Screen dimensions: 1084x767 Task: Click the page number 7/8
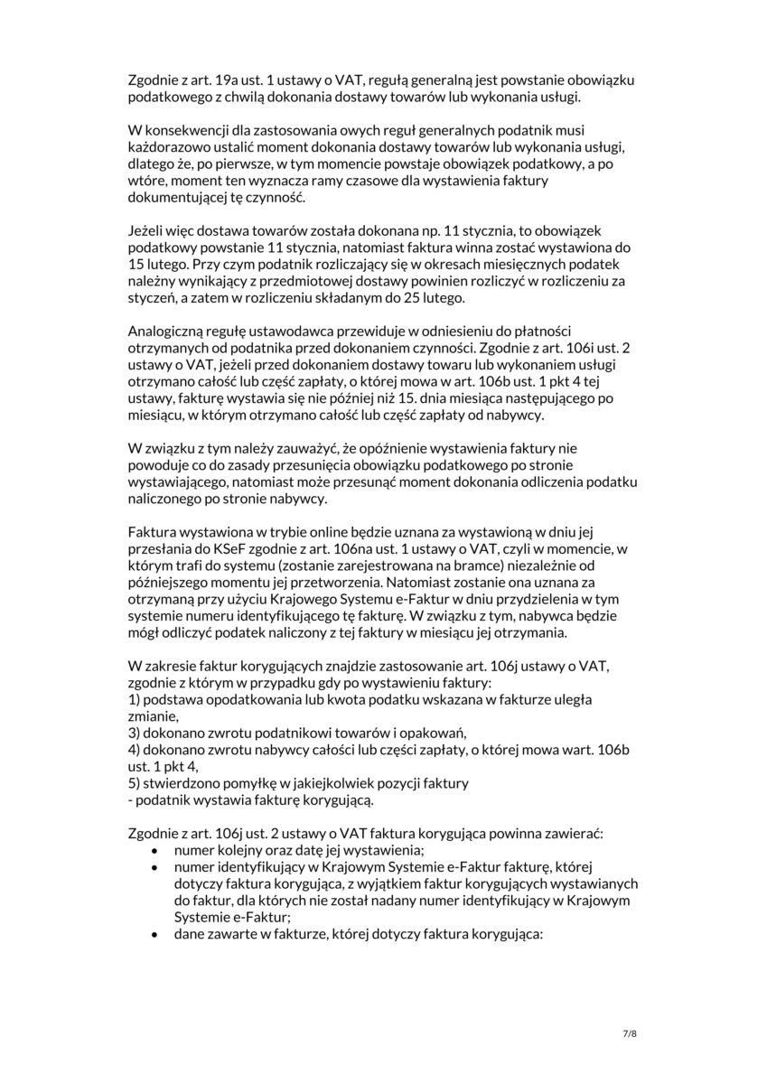pyautogui.click(x=631, y=1033)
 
